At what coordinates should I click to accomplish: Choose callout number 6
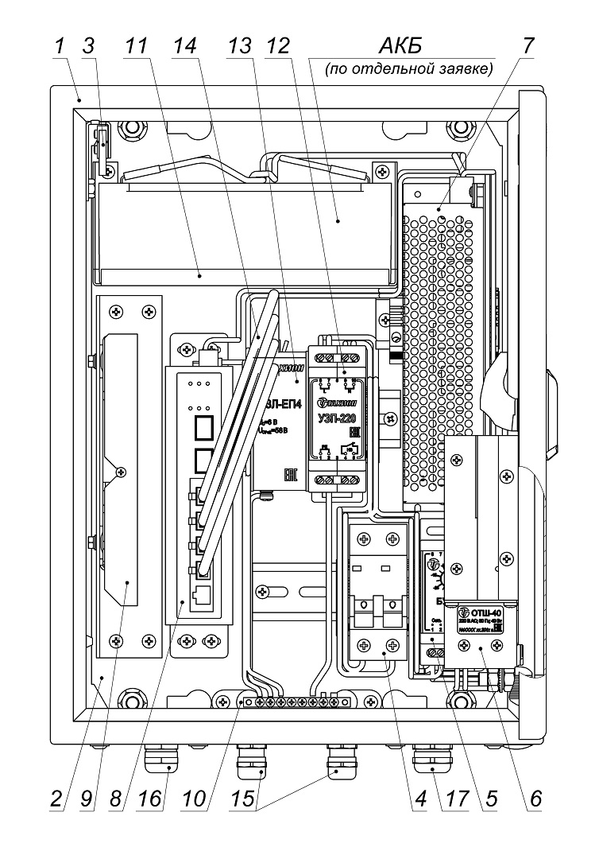[x=537, y=799]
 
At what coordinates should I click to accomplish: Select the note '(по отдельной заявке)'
[x=408, y=70]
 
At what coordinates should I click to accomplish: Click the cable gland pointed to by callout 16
[x=161, y=762]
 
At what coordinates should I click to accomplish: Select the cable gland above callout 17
[x=430, y=761]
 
